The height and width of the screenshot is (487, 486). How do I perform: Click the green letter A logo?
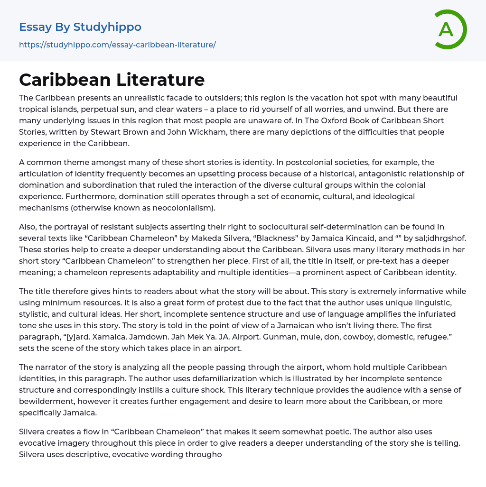[x=450, y=29]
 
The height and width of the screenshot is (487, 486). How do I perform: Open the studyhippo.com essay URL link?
[x=117, y=45]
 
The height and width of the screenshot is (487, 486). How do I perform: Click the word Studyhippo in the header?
[x=107, y=27]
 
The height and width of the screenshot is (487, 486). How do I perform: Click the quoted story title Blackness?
[x=288, y=239]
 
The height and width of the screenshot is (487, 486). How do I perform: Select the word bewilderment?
[x=47, y=401]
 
